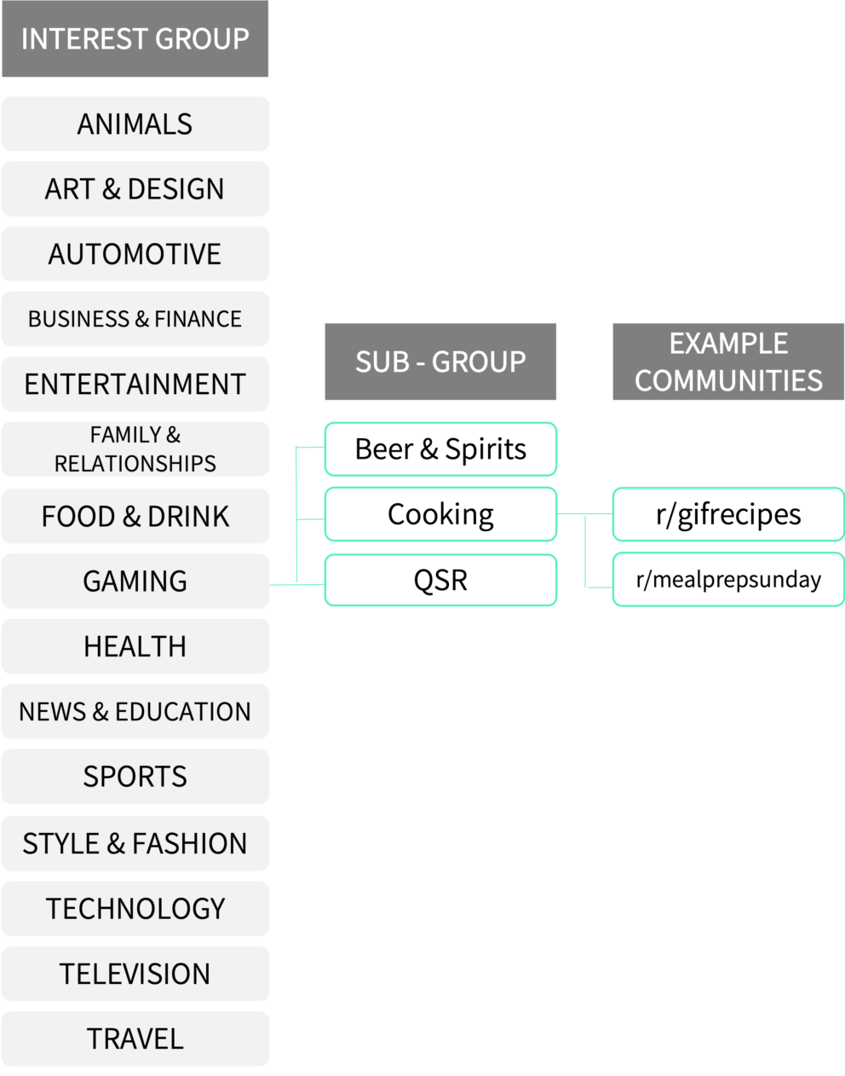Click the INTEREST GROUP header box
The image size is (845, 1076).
tap(135, 39)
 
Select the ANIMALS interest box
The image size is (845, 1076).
tap(135, 124)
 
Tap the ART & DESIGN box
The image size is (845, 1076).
tap(135, 188)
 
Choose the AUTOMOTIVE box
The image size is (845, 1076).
tap(135, 253)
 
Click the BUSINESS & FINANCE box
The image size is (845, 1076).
tap(135, 319)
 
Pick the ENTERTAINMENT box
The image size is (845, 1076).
tap(135, 384)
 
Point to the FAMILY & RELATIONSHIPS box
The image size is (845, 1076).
tap(135, 448)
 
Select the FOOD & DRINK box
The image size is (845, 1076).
tap(135, 516)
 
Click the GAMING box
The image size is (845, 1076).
tap(135, 581)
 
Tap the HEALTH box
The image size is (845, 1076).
tap(135, 646)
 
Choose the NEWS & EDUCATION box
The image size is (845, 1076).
tap(135, 711)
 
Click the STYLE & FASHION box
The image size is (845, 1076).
tap(135, 843)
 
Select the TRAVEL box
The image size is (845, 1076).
tap(135, 1038)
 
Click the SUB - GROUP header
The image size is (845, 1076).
tap(440, 362)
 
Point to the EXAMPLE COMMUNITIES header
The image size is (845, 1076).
tap(728, 362)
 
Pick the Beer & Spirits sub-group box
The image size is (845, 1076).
tap(440, 448)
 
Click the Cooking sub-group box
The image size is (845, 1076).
tap(440, 514)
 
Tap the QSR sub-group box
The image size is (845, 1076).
tap(440, 580)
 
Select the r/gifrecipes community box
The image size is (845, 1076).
tap(728, 514)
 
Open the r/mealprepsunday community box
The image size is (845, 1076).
tap(728, 580)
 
